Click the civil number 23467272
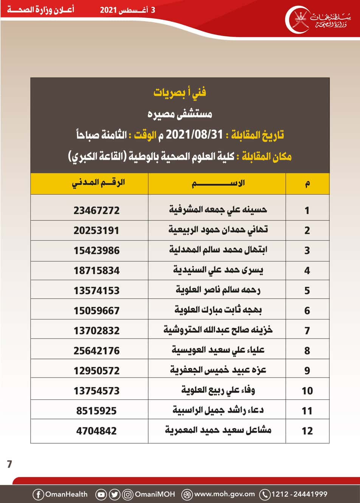point(96,210)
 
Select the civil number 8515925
point(96,411)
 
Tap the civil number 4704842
point(96,431)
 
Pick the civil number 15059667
point(96,310)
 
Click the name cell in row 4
point(218,270)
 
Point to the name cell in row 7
point(218,330)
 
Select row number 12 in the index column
point(307,431)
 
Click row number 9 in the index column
point(307,371)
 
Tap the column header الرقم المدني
point(98,183)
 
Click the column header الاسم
point(218,184)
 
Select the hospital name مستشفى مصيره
point(180,113)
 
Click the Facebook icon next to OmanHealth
point(38,494)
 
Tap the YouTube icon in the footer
point(101,494)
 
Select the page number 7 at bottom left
point(9,464)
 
